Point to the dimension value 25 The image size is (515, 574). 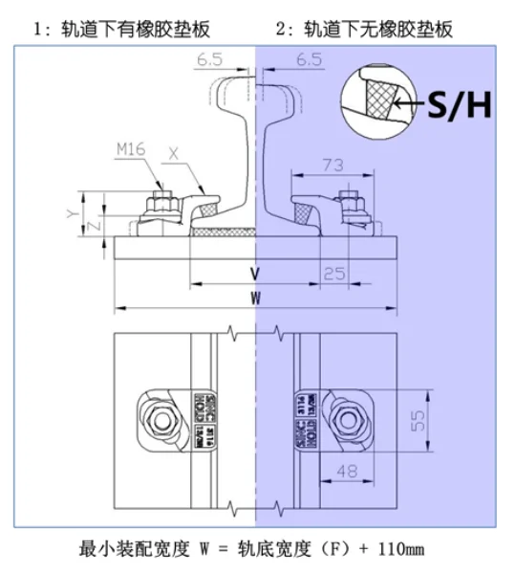[x=334, y=274]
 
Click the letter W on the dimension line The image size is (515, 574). [x=255, y=298]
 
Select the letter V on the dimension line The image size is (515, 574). [x=255, y=274]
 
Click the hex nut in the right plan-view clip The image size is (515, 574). [x=345, y=421]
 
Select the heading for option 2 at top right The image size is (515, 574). [x=364, y=31]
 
